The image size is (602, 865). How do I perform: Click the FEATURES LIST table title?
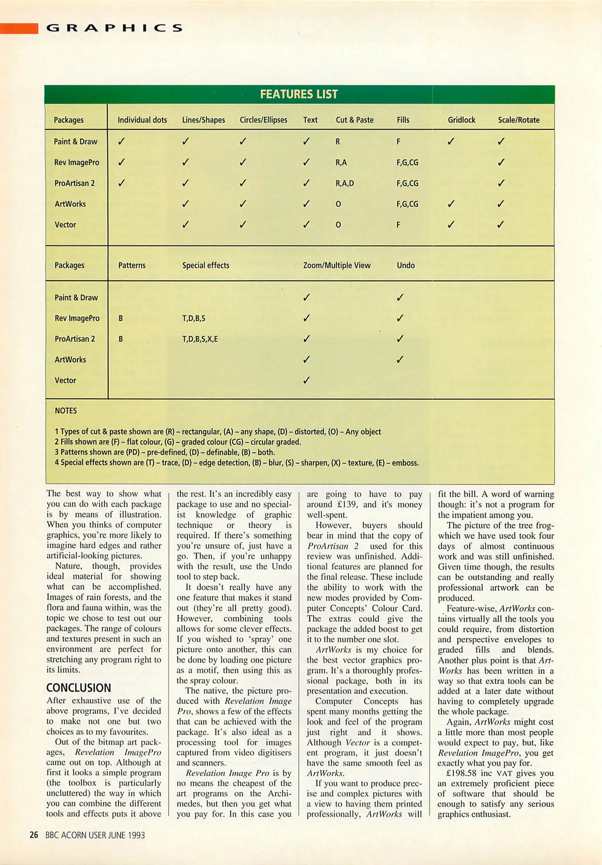pyautogui.click(x=299, y=94)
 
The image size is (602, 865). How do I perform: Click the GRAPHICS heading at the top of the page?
pyautogui.click(x=115, y=28)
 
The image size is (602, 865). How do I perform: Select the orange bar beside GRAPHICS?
pyautogui.click(x=19, y=28)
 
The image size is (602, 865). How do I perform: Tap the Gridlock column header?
pyautogui.click(x=461, y=120)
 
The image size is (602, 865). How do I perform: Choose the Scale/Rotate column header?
pyautogui.click(x=518, y=120)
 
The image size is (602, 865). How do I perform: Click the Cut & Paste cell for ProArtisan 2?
pyautogui.click(x=344, y=183)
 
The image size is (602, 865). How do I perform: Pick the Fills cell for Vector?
pyautogui.click(x=398, y=225)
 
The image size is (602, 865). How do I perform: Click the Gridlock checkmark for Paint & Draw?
pyautogui.click(x=451, y=141)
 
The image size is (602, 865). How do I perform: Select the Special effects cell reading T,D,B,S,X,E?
pyautogui.click(x=200, y=339)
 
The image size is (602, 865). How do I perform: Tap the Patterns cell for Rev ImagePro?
pyautogui.click(x=121, y=318)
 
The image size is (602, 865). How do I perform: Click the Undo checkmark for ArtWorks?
pyautogui.click(x=400, y=359)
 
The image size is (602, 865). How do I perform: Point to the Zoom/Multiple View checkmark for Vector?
pyautogui.click(x=306, y=380)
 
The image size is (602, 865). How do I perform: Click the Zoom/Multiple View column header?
pyautogui.click(x=336, y=265)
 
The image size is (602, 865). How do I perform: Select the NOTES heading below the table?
pyautogui.click(x=66, y=410)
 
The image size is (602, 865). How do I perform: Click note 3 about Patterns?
pyautogui.click(x=165, y=452)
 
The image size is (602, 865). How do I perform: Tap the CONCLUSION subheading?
pyautogui.click(x=79, y=688)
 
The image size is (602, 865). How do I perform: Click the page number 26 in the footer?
pyautogui.click(x=34, y=835)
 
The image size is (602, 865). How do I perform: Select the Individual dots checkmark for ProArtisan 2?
pyautogui.click(x=121, y=183)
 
